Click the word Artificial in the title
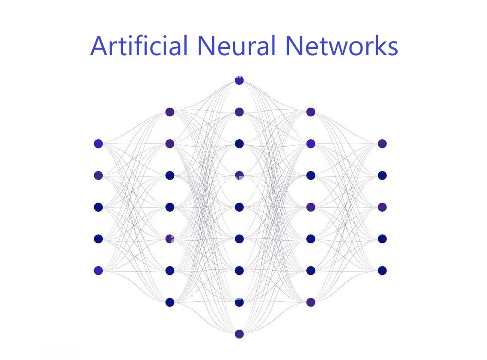[x=139, y=45]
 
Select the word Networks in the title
[x=342, y=45]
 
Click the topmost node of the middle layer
[x=239, y=80]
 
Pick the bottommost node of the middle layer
[x=239, y=334]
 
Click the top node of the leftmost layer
[x=98, y=144]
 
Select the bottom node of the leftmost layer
[x=98, y=271]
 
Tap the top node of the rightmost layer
[x=382, y=144]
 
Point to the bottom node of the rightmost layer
[x=382, y=271]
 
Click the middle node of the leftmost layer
[x=98, y=207]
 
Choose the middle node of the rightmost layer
[x=382, y=207]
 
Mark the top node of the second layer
[x=170, y=112]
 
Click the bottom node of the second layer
[x=170, y=302]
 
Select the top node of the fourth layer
[x=311, y=112]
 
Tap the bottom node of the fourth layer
[x=311, y=302]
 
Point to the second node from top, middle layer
[x=239, y=112]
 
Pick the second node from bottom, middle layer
[x=239, y=302]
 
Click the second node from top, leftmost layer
[x=98, y=175]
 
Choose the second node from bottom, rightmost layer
[x=382, y=239]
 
